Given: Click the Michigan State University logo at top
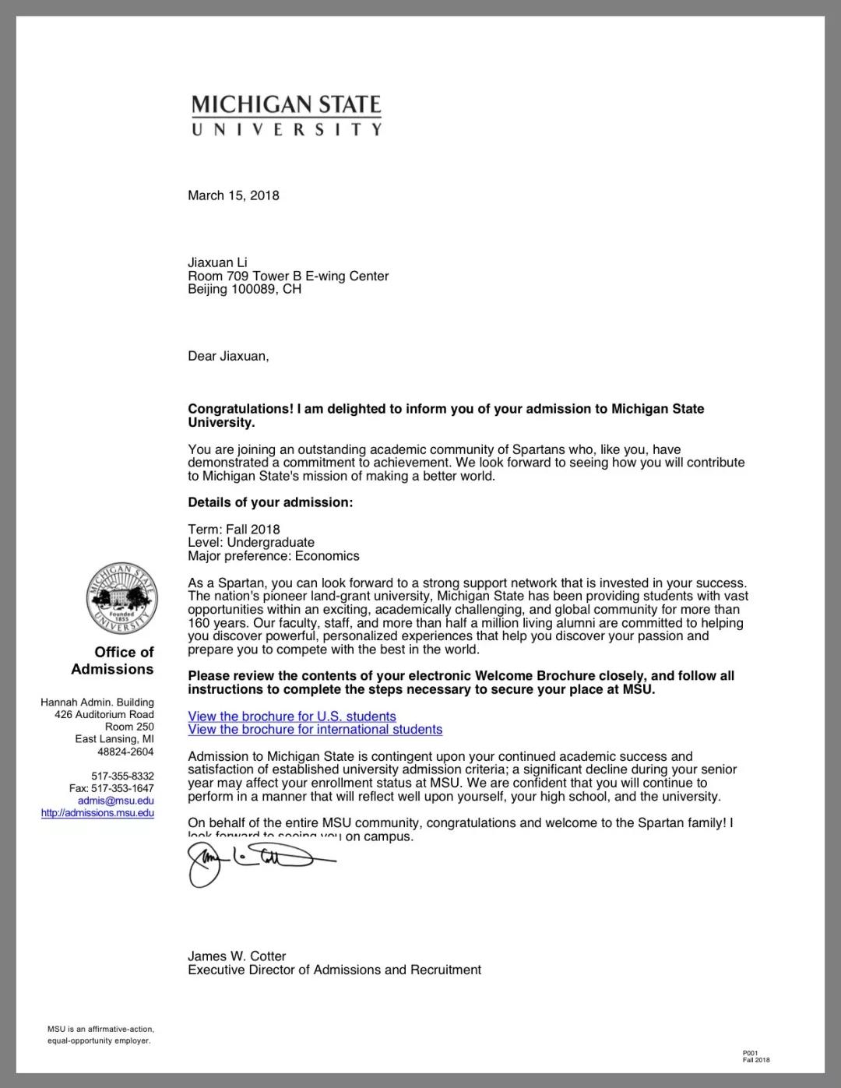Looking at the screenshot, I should (287, 115).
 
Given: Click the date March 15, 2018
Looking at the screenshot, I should (233, 195).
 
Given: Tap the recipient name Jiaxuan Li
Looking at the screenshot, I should (217, 262).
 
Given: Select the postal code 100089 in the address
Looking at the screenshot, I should (255, 289).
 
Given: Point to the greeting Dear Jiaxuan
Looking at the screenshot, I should (227, 356).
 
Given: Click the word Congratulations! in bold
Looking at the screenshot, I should (240, 409).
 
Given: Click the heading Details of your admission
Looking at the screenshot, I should (270, 502).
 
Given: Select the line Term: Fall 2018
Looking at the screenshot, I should (234, 529).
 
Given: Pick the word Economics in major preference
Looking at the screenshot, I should (327, 556).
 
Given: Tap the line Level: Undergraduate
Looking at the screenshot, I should (251, 542).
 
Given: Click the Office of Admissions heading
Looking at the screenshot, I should (114, 660).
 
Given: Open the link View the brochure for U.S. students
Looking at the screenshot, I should (292, 717).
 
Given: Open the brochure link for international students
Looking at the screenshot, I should (315, 730).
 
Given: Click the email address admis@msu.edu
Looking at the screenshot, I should (116, 801).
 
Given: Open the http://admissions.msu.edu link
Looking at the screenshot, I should (97, 813).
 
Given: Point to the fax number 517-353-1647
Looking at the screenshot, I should (122, 788).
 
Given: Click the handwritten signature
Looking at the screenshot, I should (249, 862).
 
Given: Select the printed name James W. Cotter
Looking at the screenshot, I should (237, 956).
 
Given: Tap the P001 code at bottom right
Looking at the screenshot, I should (750, 1053).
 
